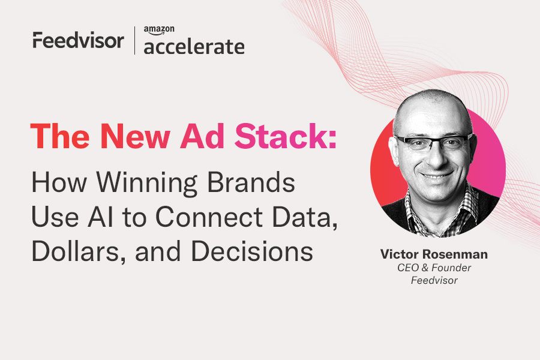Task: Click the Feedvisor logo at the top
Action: click(78, 40)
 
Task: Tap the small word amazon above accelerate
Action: click(159, 31)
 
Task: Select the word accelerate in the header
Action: click(194, 47)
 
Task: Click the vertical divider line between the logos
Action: click(134, 40)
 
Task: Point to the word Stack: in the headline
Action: click(286, 136)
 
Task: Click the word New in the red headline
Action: click(136, 136)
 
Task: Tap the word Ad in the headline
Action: click(203, 136)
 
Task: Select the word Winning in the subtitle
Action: click(147, 183)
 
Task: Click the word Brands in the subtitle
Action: click(251, 182)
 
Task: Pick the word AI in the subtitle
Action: click(101, 217)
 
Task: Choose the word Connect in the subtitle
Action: click(209, 217)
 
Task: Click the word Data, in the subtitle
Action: click(305, 217)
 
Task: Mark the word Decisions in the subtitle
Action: click(252, 251)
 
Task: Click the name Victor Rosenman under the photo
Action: click(434, 254)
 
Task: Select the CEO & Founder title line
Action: click(434, 268)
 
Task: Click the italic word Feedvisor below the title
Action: click(434, 280)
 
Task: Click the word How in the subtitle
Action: click(59, 182)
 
